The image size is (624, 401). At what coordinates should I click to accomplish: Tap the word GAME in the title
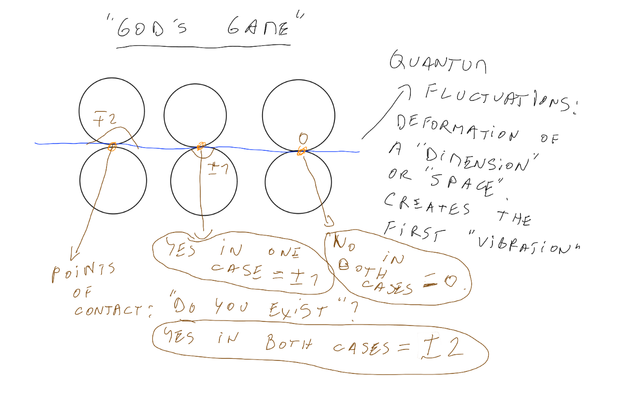point(258,28)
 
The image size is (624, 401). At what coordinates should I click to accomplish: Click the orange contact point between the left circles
point(111,147)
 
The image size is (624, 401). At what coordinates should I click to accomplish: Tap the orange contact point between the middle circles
point(201,146)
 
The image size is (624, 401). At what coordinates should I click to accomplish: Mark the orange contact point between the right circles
point(301,151)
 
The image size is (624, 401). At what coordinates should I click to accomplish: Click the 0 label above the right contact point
point(304,139)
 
